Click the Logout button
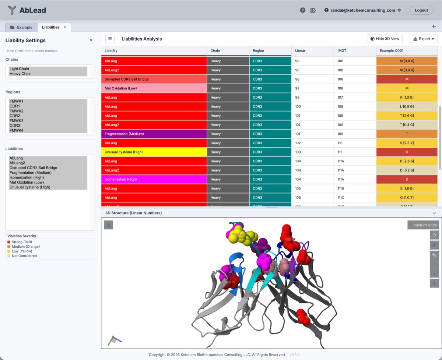click(421, 10)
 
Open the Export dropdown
click(423, 39)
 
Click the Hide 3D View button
click(385, 39)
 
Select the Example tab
click(21, 27)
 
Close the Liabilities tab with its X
click(65, 27)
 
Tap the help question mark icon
click(303, 10)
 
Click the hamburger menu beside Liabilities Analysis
click(110, 39)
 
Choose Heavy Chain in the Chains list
click(21, 74)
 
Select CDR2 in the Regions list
click(15, 116)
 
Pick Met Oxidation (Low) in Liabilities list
click(27, 182)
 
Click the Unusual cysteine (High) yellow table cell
click(154, 152)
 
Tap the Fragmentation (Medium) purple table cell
click(154, 134)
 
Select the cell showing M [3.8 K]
click(407, 61)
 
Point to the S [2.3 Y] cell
click(407, 143)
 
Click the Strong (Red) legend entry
click(22, 242)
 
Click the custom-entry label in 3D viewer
click(423, 225)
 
